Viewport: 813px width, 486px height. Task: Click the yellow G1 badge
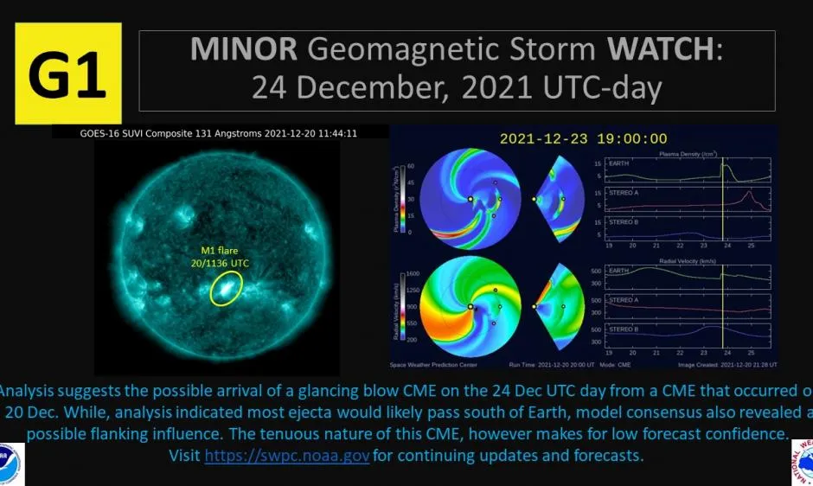[67, 74]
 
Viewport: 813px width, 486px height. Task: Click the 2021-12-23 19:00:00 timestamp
[584, 137]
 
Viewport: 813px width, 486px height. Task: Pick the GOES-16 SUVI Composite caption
[217, 133]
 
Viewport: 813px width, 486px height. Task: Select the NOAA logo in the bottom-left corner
[10, 464]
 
